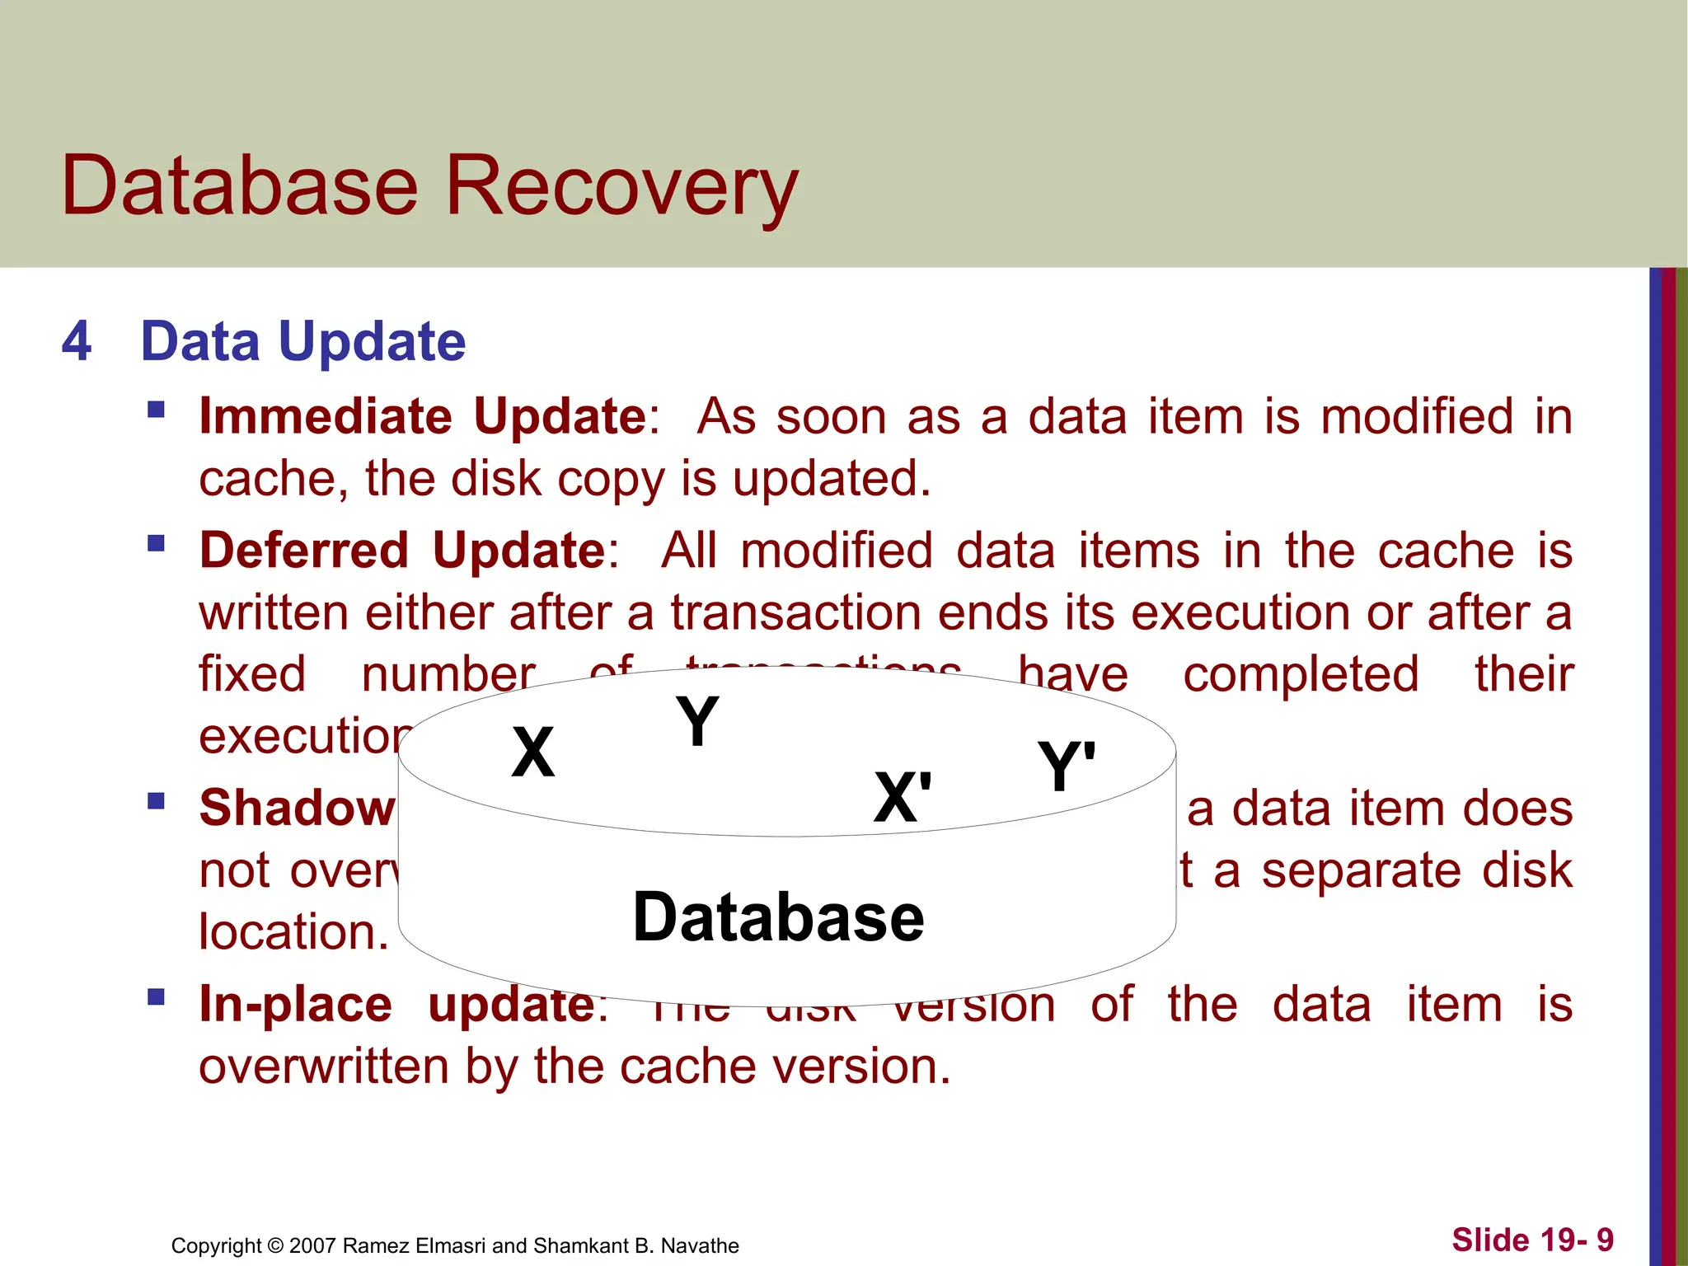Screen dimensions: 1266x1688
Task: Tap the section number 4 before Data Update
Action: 77,341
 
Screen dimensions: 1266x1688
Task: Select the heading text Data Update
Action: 302,341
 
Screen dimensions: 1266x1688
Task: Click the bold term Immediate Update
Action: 423,416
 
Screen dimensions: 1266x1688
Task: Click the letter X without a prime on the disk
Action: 532,753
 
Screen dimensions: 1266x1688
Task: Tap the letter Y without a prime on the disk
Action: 696,721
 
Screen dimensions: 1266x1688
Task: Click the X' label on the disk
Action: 903,798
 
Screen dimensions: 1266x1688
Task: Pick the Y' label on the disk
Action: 1066,767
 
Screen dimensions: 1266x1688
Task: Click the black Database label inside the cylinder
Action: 778,918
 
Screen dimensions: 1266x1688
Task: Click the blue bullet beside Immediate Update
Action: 156,410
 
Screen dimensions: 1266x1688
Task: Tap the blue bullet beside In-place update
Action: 156,998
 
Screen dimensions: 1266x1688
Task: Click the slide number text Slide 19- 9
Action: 1532,1240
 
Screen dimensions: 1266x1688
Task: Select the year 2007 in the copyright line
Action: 312,1245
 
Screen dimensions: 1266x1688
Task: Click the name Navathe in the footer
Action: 700,1245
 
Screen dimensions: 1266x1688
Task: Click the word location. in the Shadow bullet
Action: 293,933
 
